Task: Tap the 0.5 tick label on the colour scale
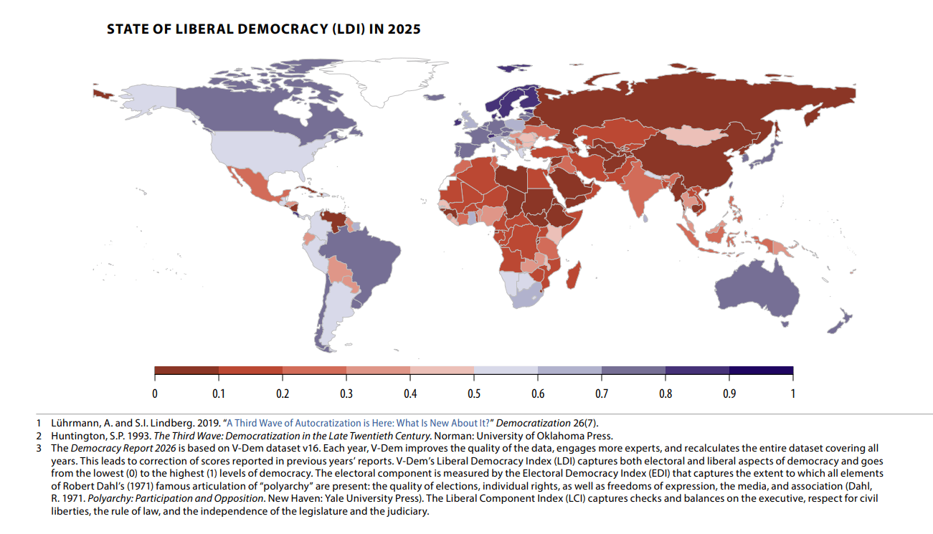tap(474, 394)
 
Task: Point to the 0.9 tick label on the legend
tap(729, 394)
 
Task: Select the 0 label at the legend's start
tap(155, 394)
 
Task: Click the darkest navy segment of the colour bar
tap(761, 371)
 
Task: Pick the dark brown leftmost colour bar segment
tap(186, 371)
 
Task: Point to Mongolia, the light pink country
tap(686, 136)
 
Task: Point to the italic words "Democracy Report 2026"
tap(115, 448)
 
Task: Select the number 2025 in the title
tap(402, 29)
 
